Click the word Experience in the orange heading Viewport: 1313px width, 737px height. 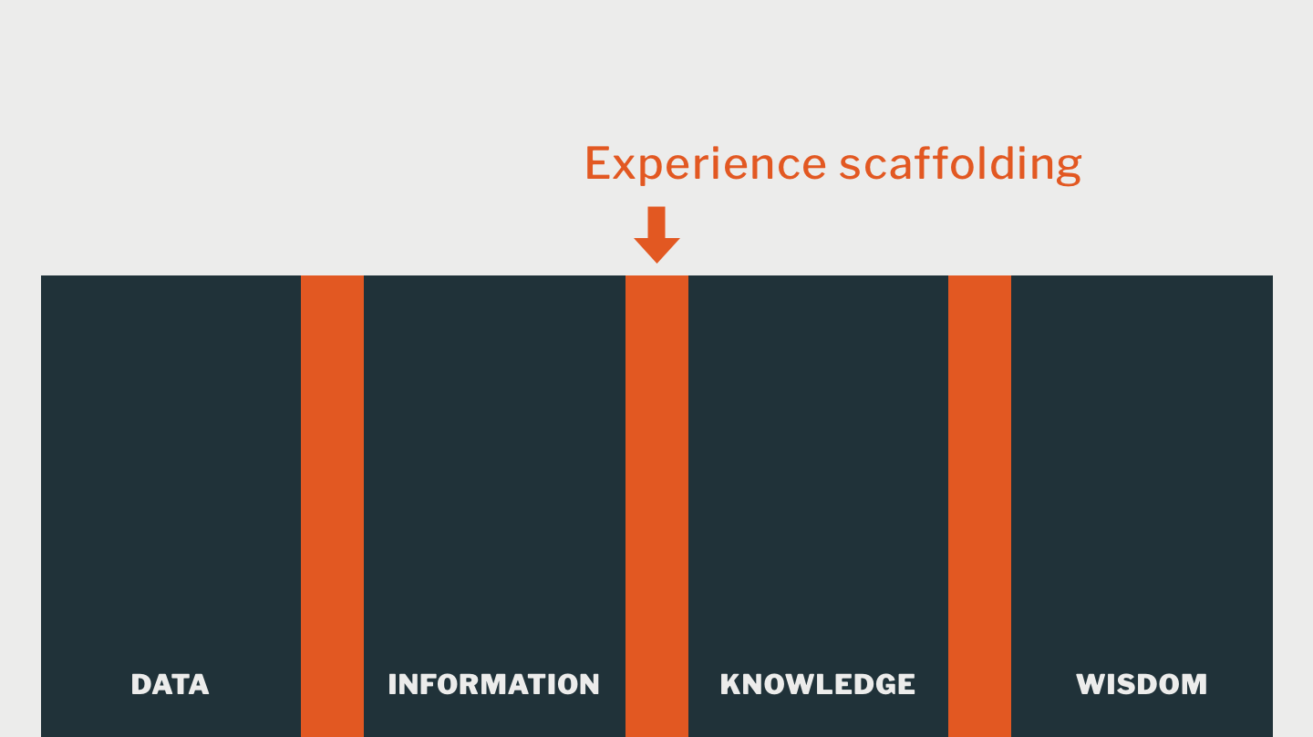pos(705,164)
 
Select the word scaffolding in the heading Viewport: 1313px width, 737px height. pos(960,164)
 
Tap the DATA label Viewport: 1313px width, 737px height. pos(170,684)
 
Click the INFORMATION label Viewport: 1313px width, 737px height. pos(493,684)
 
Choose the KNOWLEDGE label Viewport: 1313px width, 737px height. pos(817,684)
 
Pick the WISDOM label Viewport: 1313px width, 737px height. pos(1142,684)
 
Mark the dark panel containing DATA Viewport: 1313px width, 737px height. pos(171,456)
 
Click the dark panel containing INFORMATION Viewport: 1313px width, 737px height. pos(494,456)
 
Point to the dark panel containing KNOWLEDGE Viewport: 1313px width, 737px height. pos(818,456)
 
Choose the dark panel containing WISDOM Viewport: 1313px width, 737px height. pos(1142,456)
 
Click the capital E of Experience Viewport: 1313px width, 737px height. pos(596,164)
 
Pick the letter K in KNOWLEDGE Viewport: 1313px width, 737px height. pos(730,684)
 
